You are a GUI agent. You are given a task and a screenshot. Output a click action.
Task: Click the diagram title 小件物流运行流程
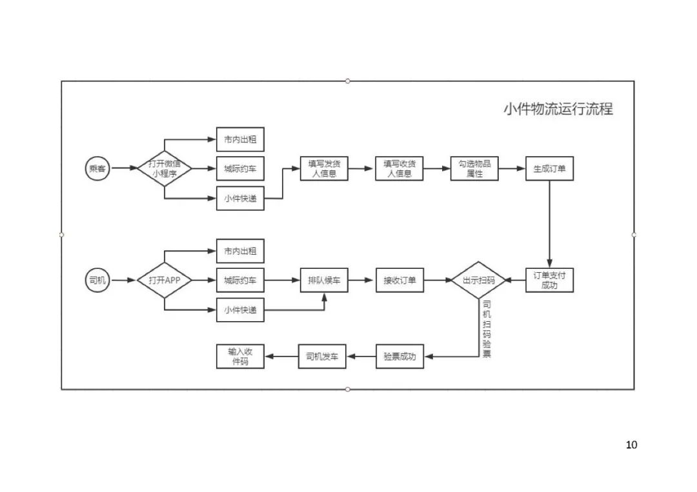click(x=558, y=109)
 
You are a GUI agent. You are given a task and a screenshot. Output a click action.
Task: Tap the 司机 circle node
click(x=97, y=280)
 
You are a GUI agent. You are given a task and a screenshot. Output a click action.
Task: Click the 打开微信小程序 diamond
click(x=165, y=169)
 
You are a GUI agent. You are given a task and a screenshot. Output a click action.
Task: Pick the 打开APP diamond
click(x=165, y=280)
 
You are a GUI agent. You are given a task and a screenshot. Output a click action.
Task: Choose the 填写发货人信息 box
click(x=324, y=169)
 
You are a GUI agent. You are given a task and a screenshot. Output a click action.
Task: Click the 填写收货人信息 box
click(x=399, y=169)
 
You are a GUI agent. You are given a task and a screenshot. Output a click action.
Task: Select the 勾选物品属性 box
click(x=474, y=169)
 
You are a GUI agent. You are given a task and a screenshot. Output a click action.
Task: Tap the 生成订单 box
click(x=549, y=169)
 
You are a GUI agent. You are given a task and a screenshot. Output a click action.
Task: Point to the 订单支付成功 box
click(x=549, y=280)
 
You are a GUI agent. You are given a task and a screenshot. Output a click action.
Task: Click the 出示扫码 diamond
click(x=478, y=280)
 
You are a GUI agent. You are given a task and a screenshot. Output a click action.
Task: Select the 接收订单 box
click(x=399, y=280)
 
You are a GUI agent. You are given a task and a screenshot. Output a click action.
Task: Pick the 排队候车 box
click(x=324, y=280)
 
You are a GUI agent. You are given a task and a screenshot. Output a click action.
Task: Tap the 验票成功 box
click(x=399, y=357)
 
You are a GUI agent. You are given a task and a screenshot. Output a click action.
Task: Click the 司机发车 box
click(x=322, y=357)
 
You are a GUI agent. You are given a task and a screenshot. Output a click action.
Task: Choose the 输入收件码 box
click(x=240, y=357)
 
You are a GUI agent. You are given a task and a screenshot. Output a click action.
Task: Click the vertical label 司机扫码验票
click(x=487, y=329)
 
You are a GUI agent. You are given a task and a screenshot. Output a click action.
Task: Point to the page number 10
click(x=631, y=445)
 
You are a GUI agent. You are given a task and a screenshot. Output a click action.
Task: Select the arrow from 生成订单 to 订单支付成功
click(x=549, y=222)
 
